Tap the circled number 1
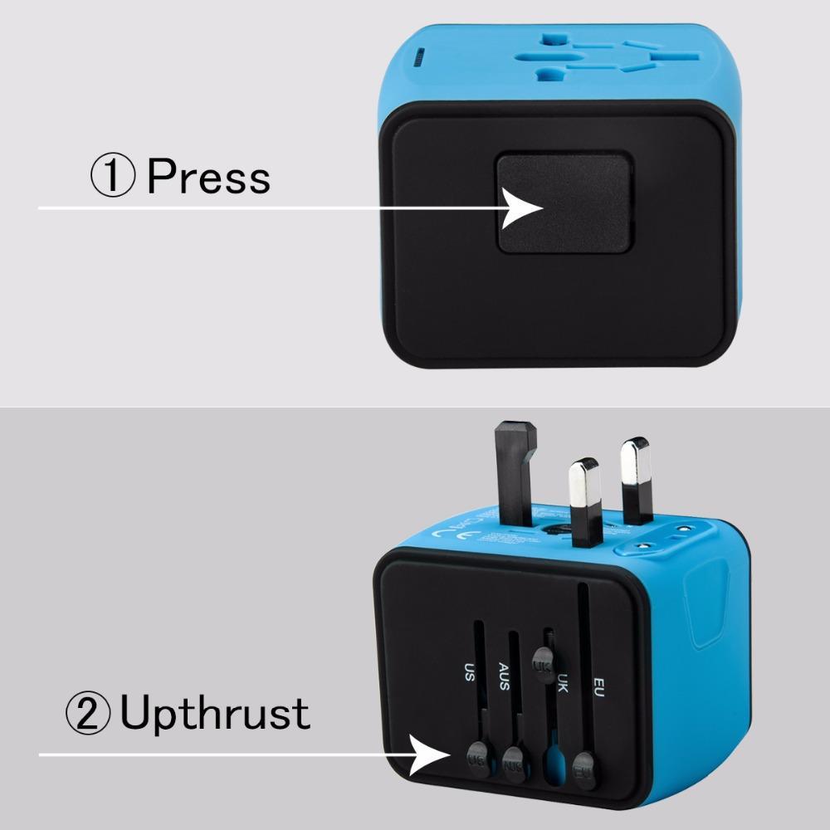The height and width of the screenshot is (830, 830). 113,177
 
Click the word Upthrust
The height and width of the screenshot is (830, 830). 215,713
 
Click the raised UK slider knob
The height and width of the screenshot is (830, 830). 543,665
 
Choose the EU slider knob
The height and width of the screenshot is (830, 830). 584,762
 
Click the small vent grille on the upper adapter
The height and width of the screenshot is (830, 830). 422,57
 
